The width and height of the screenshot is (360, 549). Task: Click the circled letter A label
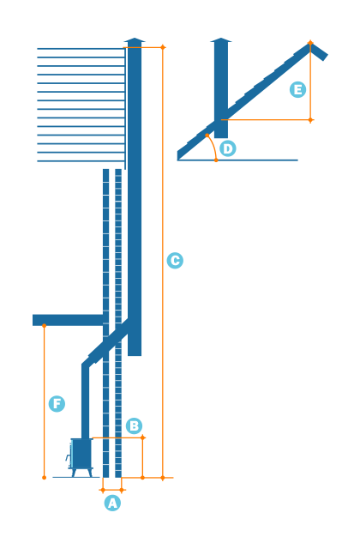[112, 504]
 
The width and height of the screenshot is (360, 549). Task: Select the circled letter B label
[134, 425]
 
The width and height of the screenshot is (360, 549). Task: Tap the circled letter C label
[175, 261]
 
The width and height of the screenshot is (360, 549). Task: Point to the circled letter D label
[227, 148]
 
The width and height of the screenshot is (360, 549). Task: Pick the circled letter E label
[297, 89]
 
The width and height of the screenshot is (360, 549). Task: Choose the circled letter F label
[57, 403]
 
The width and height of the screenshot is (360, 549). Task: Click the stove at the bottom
[81, 454]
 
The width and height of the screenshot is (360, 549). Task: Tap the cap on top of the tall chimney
[135, 40]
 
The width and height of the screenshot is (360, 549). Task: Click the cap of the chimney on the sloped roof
[221, 39]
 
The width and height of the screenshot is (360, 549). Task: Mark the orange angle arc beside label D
[212, 145]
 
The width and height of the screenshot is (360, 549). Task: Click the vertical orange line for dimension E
[310, 81]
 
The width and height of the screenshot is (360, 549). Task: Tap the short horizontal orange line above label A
[112, 491]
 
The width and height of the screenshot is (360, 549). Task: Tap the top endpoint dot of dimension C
[163, 47]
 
